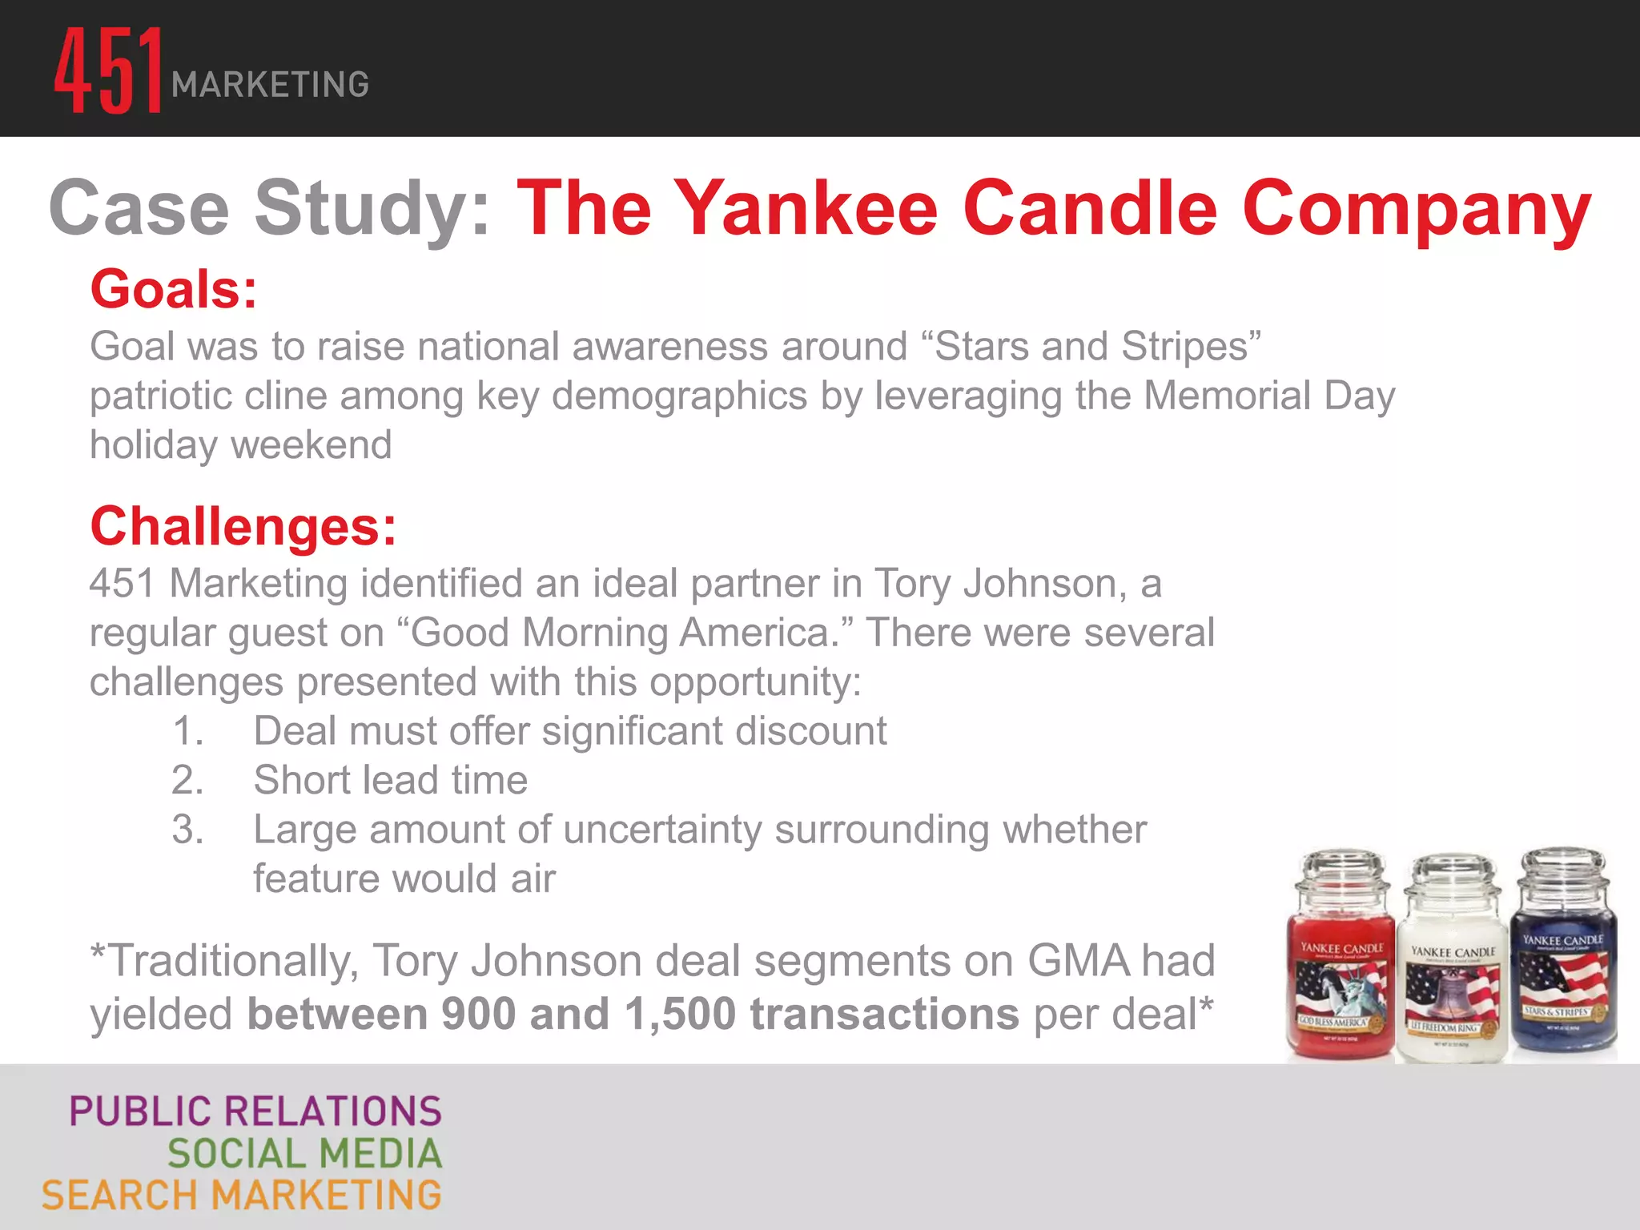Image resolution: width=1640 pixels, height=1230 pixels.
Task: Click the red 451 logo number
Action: pyautogui.click(x=108, y=70)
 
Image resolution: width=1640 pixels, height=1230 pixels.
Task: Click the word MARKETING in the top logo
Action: pyautogui.click(x=271, y=85)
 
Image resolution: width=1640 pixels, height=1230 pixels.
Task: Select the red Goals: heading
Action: pyautogui.click(x=174, y=289)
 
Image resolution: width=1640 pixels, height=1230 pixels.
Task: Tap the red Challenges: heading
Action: pyautogui.click(x=243, y=527)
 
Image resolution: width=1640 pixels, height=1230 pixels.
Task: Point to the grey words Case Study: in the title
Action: pyautogui.click(x=269, y=208)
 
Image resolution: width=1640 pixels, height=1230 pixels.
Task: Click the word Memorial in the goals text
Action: pyautogui.click(x=1227, y=396)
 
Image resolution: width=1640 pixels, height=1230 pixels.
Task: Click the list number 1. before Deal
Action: pyautogui.click(x=188, y=731)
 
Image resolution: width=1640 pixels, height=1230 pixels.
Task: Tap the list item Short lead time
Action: pyautogui.click(x=391, y=780)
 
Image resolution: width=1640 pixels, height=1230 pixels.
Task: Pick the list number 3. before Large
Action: pyautogui.click(x=188, y=830)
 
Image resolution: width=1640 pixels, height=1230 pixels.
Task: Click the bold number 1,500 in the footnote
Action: pyautogui.click(x=680, y=1014)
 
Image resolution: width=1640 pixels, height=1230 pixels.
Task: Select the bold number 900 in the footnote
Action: pyautogui.click(x=478, y=1014)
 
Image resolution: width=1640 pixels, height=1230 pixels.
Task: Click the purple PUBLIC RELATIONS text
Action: pyautogui.click(x=255, y=1111)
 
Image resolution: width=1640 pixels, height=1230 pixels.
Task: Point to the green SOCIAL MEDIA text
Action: pyautogui.click(x=304, y=1154)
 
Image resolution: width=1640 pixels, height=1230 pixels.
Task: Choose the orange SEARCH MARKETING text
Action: pyautogui.click(x=242, y=1196)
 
